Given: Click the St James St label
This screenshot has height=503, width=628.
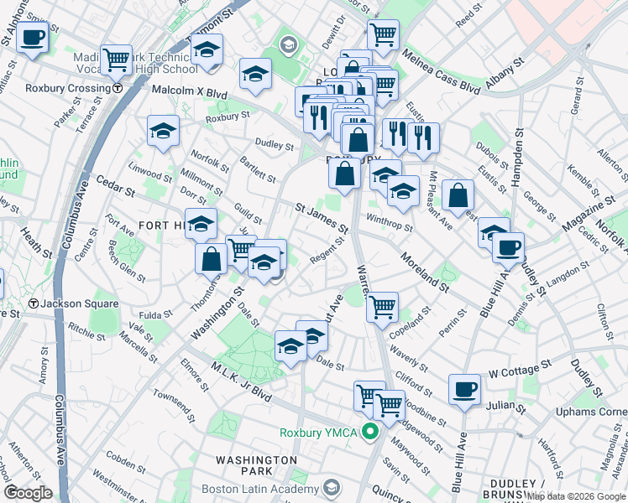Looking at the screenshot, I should pyautogui.click(x=322, y=215).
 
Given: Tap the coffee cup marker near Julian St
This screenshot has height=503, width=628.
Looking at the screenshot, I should pyautogui.click(x=464, y=387).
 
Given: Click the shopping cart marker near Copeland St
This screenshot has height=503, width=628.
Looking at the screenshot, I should pyautogui.click(x=382, y=306).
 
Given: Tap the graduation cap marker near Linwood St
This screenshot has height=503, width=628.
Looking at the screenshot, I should pyautogui.click(x=164, y=130).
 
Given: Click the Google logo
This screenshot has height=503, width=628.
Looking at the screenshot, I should pyautogui.click(x=28, y=493).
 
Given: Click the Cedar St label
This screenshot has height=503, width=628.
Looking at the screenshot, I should pyautogui.click(x=114, y=184).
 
